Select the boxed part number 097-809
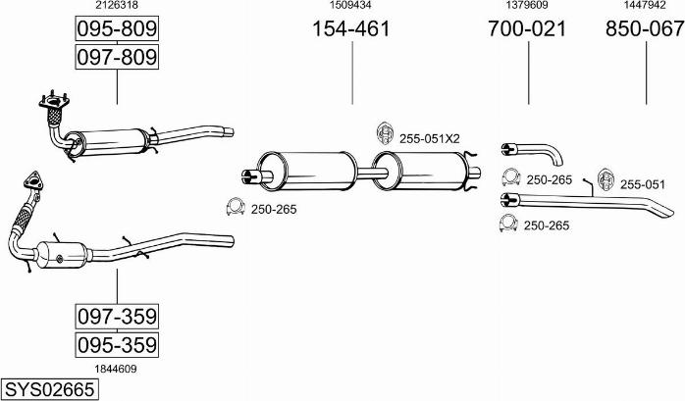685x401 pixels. click(117, 59)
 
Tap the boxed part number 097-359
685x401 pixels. click(117, 317)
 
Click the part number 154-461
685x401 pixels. click(350, 29)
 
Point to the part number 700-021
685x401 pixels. click(527, 29)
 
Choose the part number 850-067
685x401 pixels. click(644, 29)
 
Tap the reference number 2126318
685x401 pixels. click(116, 6)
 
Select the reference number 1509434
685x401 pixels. click(350, 6)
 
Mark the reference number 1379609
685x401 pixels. click(527, 6)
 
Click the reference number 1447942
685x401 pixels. click(644, 6)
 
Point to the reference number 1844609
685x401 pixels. click(116, 368)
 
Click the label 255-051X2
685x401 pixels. click(429, 139)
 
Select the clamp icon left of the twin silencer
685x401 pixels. click(236, 207)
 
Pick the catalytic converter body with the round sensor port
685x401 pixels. click(62, 255)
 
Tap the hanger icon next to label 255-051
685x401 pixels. click(604, 179)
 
